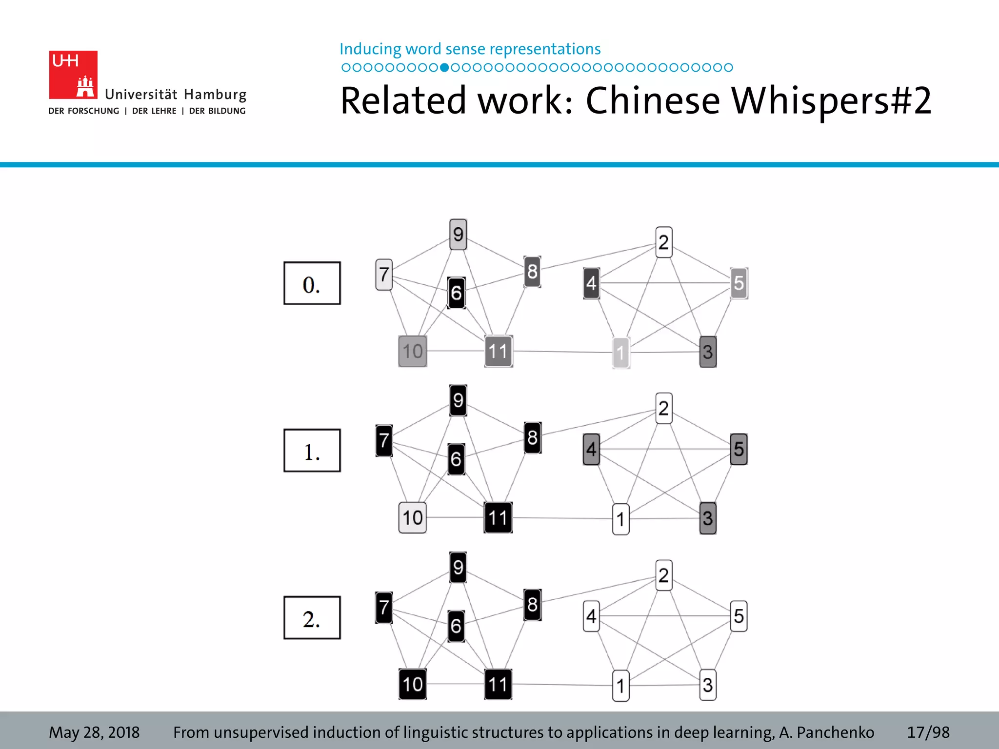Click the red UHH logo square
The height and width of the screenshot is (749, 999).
73,75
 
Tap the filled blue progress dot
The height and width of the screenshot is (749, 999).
444,68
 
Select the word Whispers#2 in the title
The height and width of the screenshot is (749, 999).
831,100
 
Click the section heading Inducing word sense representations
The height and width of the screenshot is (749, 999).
470,49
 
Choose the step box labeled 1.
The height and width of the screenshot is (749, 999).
312,451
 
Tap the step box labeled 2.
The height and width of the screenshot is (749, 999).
312,618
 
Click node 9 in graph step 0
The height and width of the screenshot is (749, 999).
458,235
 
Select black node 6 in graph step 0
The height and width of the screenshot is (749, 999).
457,293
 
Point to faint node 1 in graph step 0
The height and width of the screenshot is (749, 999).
620,353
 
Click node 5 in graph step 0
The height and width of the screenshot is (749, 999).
739,283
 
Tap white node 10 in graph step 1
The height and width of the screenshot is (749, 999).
413,518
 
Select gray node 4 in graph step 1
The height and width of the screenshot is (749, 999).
591,449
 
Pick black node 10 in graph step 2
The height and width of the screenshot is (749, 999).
413,685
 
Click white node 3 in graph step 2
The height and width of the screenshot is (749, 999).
708,685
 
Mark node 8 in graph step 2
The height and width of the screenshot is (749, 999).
533,605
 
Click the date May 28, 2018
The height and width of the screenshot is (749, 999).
94,732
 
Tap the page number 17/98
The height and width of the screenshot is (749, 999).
928,732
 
